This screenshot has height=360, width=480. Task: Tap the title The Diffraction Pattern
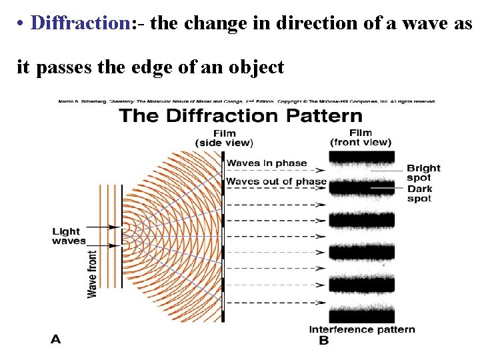click(240, 116)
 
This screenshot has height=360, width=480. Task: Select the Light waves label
click(69, 236)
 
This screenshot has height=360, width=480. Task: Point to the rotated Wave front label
click(93, 273)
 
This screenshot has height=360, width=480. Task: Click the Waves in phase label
click(267, 163)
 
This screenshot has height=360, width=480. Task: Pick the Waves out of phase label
click(276, 181)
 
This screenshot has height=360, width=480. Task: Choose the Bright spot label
click(423, 173)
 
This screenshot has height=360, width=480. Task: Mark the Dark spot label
click(419, 194)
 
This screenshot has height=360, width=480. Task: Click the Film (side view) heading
click(224, 138)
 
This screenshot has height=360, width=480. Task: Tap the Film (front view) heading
click(361, 137)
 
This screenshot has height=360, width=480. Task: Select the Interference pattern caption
click(362, 329)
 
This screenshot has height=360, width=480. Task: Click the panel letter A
click(56, 340)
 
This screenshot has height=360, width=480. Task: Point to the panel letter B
click(324, 341)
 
